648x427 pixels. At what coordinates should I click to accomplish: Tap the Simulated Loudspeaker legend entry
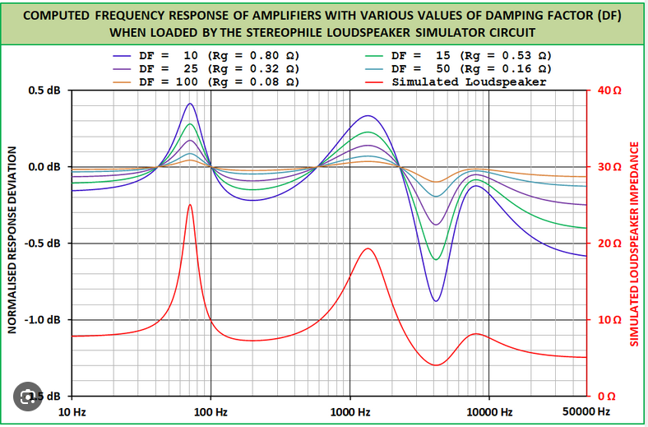click(469, 82)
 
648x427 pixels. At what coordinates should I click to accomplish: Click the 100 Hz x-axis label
click(211, 411)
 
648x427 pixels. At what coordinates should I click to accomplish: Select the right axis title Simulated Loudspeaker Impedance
click(634, 244)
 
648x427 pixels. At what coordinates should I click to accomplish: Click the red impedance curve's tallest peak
click(190, 205)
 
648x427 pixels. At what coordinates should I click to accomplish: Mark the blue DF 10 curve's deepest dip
click(436, 301)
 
